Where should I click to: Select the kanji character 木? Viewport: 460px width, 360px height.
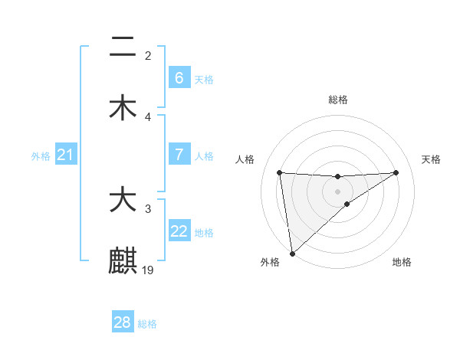[x=123, y=107]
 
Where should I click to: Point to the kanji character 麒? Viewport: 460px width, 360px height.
[x=123, y=260]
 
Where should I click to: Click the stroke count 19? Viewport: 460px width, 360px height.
[x=149, y=270]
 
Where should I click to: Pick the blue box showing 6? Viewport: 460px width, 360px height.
[x=179, y=77]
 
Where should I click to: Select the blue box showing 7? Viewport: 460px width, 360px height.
[x=179, y=155]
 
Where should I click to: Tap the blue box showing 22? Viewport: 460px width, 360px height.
[x=179, y=231]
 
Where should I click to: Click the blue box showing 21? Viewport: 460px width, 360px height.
[x=65, y=155]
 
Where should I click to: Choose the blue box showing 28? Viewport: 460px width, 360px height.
[x=123, y=322]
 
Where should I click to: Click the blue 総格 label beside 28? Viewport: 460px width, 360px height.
[x=147, y=324]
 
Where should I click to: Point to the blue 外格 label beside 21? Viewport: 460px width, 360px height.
[x=41, y=156]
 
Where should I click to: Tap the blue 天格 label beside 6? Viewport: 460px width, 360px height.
[x=203, y=79]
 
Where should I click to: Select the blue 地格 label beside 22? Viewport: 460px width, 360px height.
[x=204, y=233]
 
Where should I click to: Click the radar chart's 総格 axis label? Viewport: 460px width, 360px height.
[x=337, y=100]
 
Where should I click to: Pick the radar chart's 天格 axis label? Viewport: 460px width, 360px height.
[x=432, y=159]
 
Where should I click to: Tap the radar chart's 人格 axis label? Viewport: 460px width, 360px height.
[x=245, y=159]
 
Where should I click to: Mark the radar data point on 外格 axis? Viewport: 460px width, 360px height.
[x=291, y=254]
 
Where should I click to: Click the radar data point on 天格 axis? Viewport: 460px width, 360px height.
[x=396, y=172]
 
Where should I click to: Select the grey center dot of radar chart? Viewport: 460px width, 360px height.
[x=337, y=191]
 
